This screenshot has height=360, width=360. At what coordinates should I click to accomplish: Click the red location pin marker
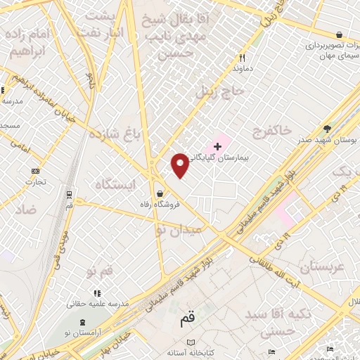180,165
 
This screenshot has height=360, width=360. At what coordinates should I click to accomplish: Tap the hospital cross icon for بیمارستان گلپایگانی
218,147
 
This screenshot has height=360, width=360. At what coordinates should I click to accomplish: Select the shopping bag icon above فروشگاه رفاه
160,193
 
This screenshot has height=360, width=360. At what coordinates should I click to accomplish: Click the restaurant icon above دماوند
242,58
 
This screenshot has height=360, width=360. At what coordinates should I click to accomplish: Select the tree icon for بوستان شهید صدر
327,128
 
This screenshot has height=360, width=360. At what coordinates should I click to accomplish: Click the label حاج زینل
225,92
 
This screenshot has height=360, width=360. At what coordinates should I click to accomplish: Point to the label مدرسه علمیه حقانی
97,304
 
